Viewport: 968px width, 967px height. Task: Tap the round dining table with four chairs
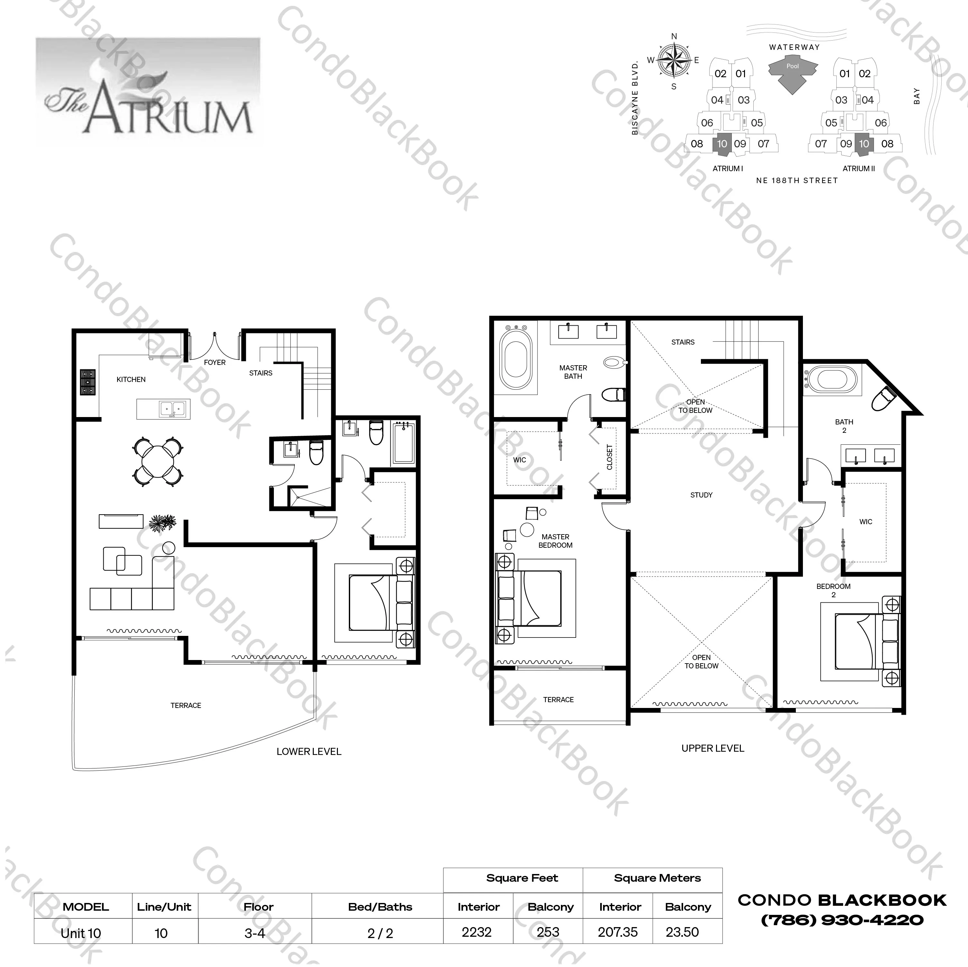tap(158, 461)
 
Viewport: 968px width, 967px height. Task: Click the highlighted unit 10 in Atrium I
tap(722, 144)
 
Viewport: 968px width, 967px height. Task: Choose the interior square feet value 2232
tap(477, 932)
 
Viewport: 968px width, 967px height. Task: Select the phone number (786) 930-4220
tap(842, 920)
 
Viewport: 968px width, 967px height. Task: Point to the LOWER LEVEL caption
tap(309, 751)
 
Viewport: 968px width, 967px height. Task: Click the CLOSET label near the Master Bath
tap(609, 457)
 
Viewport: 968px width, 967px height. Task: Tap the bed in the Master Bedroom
tap(536, 598)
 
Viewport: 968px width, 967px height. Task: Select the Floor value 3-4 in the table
tap(255, 933)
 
